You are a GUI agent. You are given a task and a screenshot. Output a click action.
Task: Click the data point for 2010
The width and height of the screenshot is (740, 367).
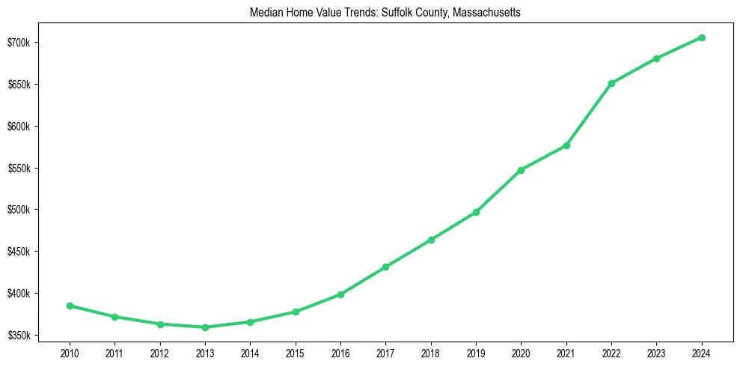70,306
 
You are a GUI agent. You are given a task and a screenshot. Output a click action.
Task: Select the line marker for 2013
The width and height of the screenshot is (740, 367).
205,327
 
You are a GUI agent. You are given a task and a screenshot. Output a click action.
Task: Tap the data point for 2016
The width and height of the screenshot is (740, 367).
340,294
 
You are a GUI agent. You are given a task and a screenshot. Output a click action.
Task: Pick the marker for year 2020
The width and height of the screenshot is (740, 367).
521,170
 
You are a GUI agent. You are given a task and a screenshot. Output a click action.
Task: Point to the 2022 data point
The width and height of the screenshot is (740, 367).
611,83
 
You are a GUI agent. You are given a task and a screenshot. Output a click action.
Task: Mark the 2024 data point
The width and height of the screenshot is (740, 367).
702,37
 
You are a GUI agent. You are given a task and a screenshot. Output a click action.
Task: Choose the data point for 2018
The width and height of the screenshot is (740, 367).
431,240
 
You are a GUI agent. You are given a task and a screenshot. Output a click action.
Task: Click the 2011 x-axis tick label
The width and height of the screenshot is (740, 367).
114,352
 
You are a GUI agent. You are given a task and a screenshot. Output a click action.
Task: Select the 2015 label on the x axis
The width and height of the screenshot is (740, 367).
296,352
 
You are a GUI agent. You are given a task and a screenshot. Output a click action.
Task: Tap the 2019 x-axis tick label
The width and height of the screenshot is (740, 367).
476,352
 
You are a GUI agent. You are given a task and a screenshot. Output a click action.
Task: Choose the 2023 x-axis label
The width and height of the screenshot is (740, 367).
656,352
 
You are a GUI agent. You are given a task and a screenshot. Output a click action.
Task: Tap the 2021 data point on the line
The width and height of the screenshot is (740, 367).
566,145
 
